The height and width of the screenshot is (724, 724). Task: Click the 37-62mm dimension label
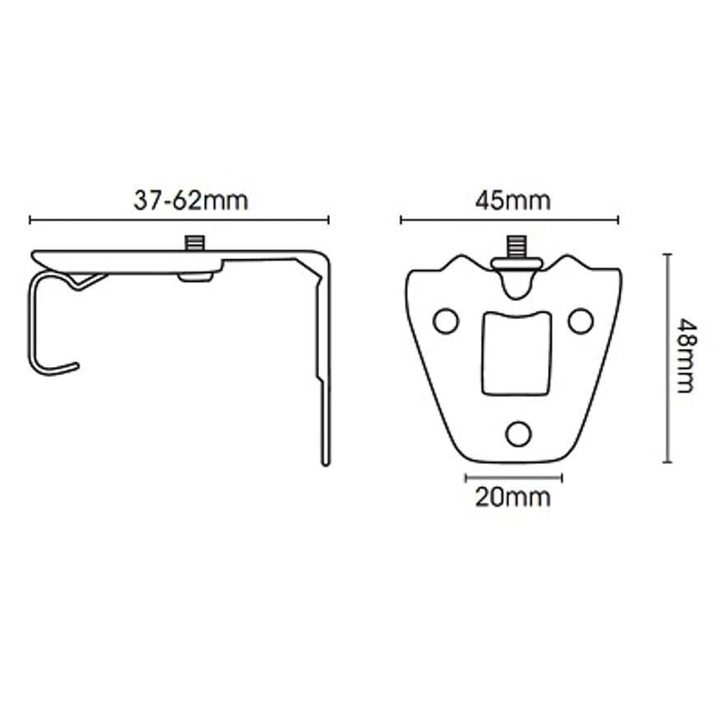point(190,200)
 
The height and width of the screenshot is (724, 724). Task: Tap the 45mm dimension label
point(513,200)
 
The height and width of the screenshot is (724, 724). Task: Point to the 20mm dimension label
point(513,497)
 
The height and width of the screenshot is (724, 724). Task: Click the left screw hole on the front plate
point(446,321)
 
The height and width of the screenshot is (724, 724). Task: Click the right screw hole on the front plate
point(581,321)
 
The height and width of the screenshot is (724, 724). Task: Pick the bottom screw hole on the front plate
point(518,433)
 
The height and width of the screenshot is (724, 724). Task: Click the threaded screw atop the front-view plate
point(516,245)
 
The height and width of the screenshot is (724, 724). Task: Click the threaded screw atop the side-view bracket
point(195,244)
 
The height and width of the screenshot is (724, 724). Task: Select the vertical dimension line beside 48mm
point(667,358)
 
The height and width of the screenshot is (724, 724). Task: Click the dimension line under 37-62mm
point(179,220)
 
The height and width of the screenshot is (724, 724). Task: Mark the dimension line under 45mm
point(509,220)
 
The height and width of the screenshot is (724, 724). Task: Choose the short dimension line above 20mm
point(513,477)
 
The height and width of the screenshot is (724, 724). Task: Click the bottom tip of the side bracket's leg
point(326,462)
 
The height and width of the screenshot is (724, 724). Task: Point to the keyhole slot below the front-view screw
point(516,284)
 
